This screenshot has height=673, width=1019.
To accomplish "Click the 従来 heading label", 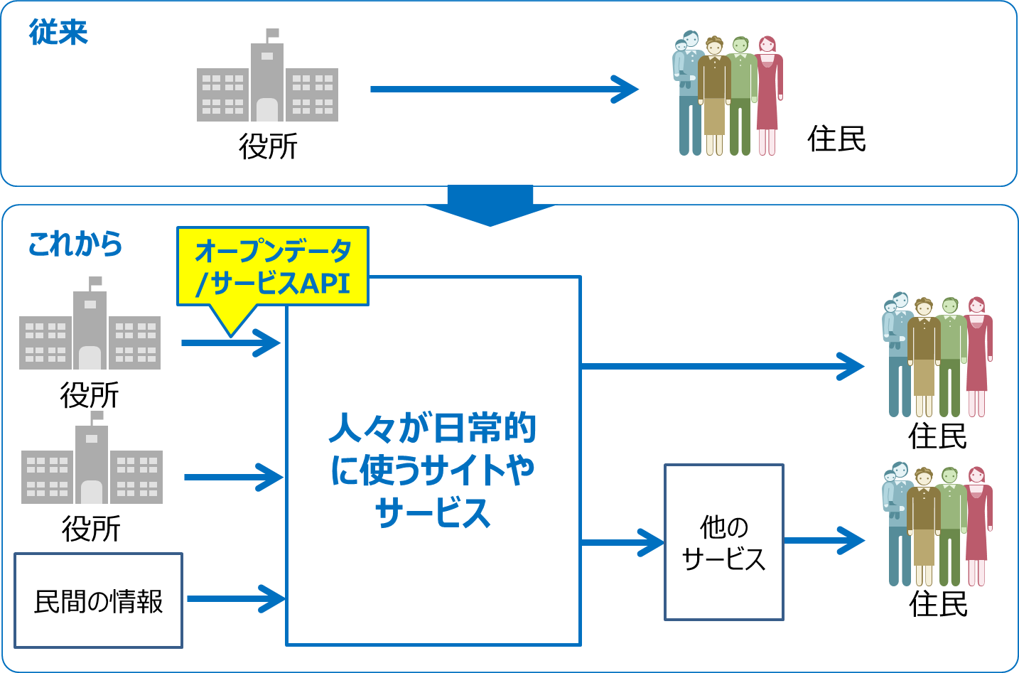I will (58, 33).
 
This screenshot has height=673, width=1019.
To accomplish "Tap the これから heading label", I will (75, 244).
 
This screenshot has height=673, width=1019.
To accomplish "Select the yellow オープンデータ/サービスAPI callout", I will (273, 267).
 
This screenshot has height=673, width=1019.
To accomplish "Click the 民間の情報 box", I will (98, 601).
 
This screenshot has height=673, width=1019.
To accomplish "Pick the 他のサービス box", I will (723, 542).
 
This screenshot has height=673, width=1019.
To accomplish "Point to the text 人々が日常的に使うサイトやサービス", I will (433, 469).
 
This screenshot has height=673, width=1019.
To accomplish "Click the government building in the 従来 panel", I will (267, 82).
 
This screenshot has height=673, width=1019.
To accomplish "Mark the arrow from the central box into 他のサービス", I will (622, 543).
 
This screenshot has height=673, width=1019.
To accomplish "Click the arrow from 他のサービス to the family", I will (824, 541).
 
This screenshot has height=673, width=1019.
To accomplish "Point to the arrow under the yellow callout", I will (231, 343).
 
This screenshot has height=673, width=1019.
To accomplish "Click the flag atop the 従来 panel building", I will (272, 34).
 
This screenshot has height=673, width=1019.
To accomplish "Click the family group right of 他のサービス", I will (937, 526).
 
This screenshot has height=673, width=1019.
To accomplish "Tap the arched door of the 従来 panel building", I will (267, 109).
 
